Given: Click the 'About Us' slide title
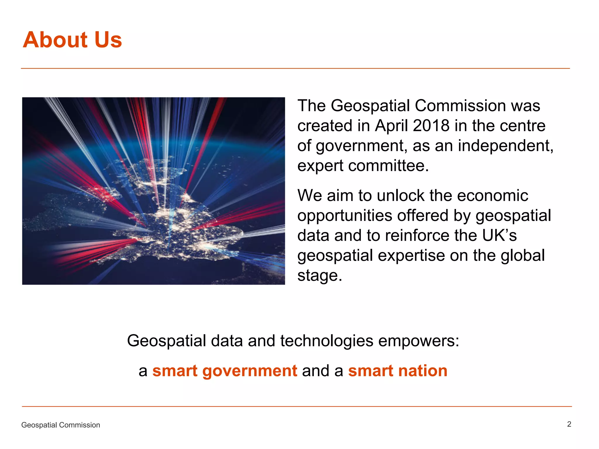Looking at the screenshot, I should click(x=72, y=40).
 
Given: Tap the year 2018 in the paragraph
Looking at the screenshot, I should click(x=431, y=126).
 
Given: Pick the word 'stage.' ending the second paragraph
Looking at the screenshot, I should click(x=319, y=275).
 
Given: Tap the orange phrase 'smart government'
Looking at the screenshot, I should click(x=225, y=371).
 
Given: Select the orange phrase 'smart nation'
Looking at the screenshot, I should click(x=397, y=371).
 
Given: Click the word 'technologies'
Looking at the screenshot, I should click(x=326, y=341).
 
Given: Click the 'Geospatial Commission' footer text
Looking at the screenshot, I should click(x=61, y=425).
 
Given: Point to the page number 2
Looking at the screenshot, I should click(x=569, y=424).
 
